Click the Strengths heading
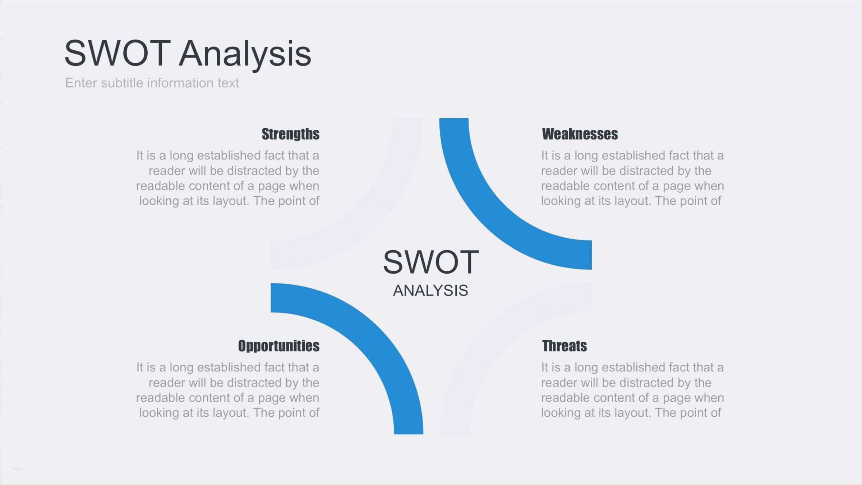290,134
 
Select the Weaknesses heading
580,134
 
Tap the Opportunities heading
278,346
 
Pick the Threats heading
564,346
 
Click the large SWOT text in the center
431,262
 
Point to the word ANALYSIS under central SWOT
430,290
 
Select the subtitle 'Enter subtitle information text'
152,83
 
